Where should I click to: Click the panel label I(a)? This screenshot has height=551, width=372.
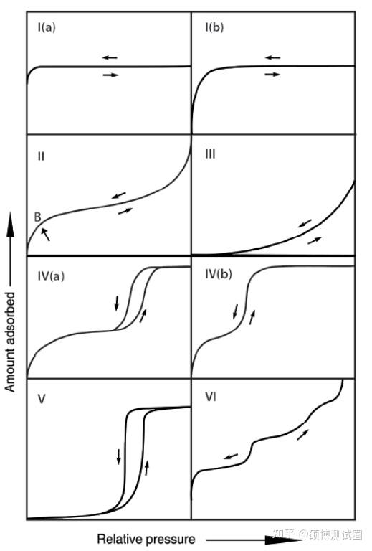coord(47,27)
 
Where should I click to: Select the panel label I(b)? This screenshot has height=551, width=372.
coord(214,27)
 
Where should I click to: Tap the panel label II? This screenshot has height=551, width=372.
coord(41,156)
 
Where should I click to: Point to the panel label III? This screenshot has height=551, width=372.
coord(210,154)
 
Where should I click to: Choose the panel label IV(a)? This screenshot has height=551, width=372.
coord(51,275)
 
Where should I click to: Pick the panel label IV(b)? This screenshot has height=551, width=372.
coord(219,274)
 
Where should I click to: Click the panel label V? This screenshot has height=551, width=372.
coord(42,399)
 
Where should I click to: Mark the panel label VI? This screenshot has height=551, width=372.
coord(211,397)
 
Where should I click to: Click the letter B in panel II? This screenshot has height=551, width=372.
coord(37,217)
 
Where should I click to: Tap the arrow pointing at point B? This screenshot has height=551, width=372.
coord(46,235)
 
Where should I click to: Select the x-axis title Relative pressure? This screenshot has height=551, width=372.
coord(146,539)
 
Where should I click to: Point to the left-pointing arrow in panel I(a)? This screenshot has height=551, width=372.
coord(110,57)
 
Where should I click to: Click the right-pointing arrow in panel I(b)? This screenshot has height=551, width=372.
coord(272,74)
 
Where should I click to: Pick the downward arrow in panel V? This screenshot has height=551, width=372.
coord(118,456)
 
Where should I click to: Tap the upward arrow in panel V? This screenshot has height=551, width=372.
coord(147,468)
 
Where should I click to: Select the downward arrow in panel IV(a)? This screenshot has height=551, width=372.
coord(117,303)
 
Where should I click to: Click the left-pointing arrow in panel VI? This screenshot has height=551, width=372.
coord(231,456)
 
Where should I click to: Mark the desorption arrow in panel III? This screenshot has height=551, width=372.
coord(305,223)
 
